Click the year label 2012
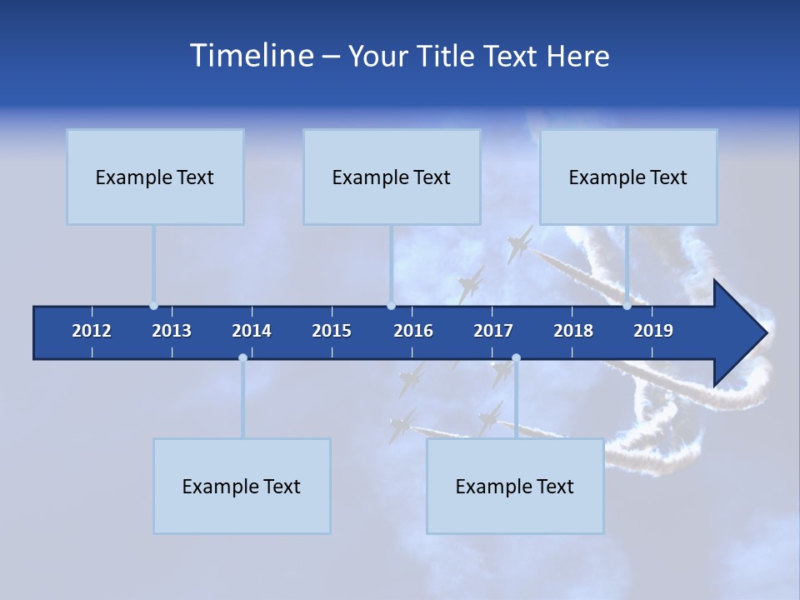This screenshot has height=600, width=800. point(92,331)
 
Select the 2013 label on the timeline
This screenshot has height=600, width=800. point(172,331)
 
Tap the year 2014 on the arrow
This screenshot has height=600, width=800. point(252,331)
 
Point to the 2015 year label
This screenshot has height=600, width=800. point(332,331)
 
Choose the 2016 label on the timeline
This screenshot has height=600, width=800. point(413,331)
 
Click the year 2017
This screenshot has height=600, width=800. point(493,331)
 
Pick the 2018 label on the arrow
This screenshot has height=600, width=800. point(573,331)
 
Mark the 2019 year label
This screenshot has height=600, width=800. point(653,331)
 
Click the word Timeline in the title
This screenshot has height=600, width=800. point(251,56)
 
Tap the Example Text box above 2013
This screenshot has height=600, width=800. point(155,177)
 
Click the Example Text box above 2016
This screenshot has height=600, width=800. point(392,177)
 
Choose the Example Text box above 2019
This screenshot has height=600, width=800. point(628,177)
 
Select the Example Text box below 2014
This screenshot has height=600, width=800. point(242,486)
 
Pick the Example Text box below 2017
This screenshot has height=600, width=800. point(515,486)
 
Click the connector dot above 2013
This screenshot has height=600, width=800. point(154,306)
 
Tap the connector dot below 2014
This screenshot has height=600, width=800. point(242,358)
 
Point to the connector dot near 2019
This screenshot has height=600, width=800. point(627,306)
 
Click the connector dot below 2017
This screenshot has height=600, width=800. point(516,358)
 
